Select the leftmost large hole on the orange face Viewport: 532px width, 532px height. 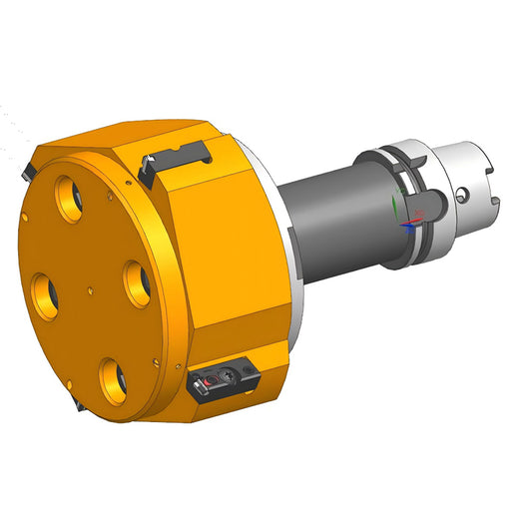point(46,291)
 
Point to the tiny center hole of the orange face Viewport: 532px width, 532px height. point(91,289)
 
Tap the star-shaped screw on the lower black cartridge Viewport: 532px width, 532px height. point(228,378)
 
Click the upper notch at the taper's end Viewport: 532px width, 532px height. point(483,160)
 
